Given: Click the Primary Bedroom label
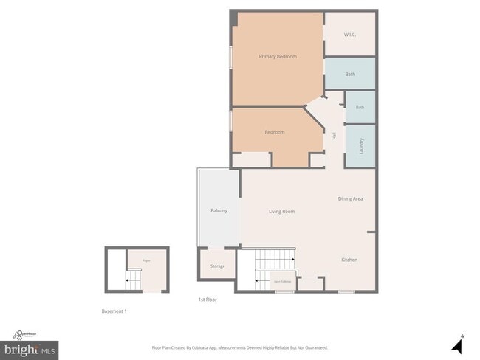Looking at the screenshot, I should coord(278,56).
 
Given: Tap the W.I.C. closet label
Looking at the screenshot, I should coord(350,35).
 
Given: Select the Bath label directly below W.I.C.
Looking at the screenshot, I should coord(350,74).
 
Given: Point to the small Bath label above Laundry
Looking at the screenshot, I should coord(360,108).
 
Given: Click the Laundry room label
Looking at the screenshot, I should coord(361,145).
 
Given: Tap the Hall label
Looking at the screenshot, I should coord(335,136).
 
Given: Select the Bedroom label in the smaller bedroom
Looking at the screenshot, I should coord(275,132).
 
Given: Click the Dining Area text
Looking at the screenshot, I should coord(350,198).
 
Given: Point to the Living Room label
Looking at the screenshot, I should coord(281,212).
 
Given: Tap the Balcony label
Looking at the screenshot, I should coord(219,211).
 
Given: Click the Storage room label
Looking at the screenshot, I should coord(217,266).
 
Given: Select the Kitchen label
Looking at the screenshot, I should coord(349,260).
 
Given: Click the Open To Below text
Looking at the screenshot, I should coord(282,281).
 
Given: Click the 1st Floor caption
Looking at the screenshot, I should coord(207,300).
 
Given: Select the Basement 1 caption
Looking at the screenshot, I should coord(114,311).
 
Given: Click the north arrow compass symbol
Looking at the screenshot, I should coord(456,344).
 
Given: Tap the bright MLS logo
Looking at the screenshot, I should coord(30,347).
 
